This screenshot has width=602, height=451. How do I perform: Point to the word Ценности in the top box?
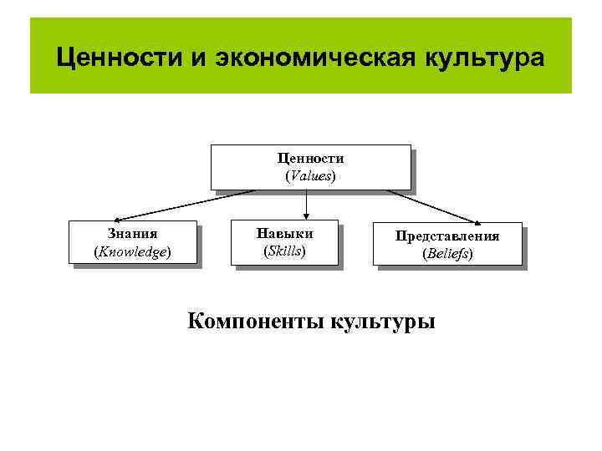pyautogui.click(x=310, y=159)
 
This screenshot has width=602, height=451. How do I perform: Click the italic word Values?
pyautogui.click(x=310, y=176)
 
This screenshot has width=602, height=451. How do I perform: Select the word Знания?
pyautogui.click(x=133, y=234)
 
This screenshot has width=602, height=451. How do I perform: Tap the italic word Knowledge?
pyautogui.click(x=133, y=251)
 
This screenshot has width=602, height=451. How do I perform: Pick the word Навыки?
pyautogui.click(x=285, y=234)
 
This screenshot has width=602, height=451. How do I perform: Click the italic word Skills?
pyautogui.click(x=284, y=251)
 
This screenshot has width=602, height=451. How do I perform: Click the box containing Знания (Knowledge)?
pyautogui.click(x=133, y=242)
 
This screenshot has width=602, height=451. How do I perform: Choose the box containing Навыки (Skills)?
pyautogui.click(x=285, y=242)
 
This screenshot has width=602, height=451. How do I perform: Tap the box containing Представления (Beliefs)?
pyautogui.click(x=448, y=245)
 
